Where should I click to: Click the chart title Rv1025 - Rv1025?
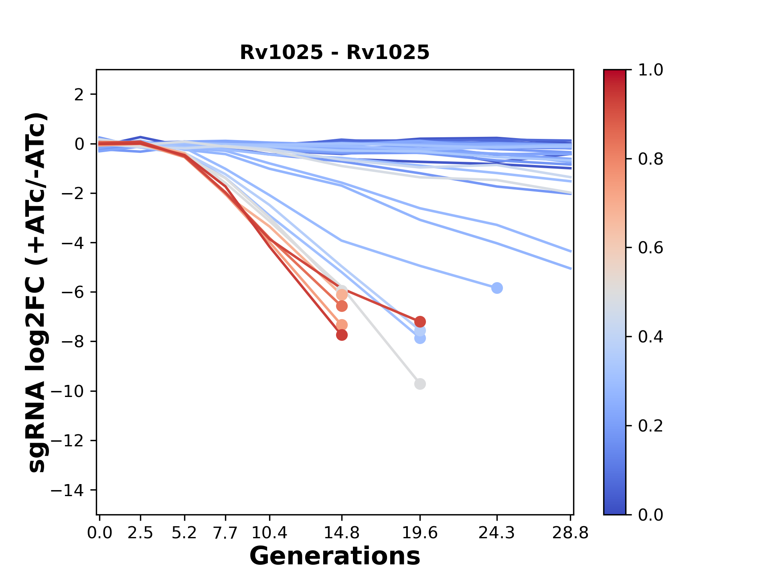pyautogui.click(x=334, y=53)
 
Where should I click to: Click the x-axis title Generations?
pyautogui.click(x=334, y=556)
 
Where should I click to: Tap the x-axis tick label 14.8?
pyautogui.click(x=341, y=533)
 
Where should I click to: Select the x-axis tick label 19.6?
pyautogui.click(x=419, y=533)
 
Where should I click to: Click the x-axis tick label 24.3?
pyautogui.click(x=496, y=533)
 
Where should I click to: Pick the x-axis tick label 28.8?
pyautogui.click(x=570, y=533)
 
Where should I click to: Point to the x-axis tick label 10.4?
pyautogui.click(x=269, y=533)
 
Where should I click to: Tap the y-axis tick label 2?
pyautogui.click(x=79, y=95)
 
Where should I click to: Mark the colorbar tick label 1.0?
pyautogui.click(x=650, y=70)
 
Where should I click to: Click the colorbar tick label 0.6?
pyautogui.click(x=650, y=248)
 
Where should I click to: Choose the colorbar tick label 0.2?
pyautogui.click(x=650, y=426)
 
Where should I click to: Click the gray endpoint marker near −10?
pyautogui.click(x=419, y=384)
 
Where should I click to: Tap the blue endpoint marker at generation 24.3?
pyautogui.click(x=497, y=288)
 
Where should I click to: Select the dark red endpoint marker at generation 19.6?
pyautogui.click(x=419, y=322)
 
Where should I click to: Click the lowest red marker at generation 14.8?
pyautogui.click(x=342, y=335)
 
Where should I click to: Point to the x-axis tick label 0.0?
pyautogui.click(x=99, y=533)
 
